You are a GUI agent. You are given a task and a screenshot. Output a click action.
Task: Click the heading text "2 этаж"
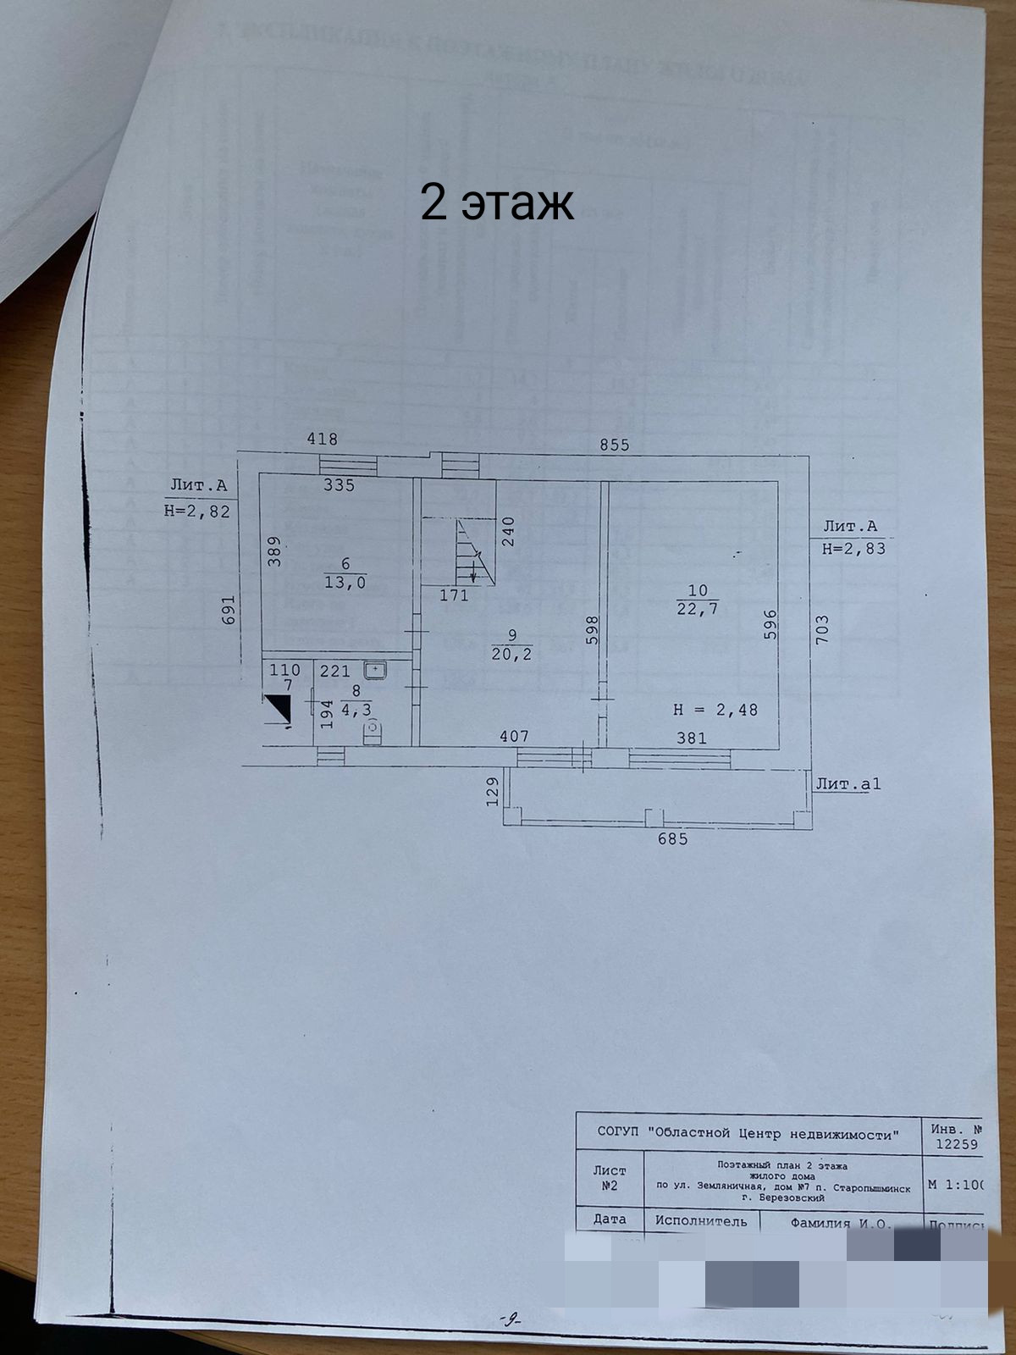click(x=497, y=203)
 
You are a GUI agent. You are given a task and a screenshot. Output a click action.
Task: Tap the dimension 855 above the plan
click(x=615, y=445)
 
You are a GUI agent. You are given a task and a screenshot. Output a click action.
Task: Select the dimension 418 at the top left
click(x=322, y=439)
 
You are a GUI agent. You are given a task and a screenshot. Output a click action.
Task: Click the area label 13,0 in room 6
click(x=345, y=582)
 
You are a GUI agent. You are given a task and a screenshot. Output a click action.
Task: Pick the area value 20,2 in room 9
click(x=511, y=653)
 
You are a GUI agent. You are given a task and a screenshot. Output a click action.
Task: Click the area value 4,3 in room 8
click(x=356, y=710)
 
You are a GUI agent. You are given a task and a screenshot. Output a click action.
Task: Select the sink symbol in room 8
click(x=375, y=670)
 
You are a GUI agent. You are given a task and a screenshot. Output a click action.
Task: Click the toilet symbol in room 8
click(x=373, y=731)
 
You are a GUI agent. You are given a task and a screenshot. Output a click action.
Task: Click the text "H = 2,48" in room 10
click(x=715, y=710)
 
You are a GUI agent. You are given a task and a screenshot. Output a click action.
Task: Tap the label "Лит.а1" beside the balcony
click(x=848, y=784)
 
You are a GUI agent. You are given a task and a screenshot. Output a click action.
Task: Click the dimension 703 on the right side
click(x=822, y=630)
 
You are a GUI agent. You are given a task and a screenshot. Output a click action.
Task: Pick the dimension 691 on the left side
click(x=226, y=611)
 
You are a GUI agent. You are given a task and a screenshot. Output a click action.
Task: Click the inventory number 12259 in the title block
click(x=955, y=1144)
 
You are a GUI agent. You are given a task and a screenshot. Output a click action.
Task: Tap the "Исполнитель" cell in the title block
click(x=701, y=1221)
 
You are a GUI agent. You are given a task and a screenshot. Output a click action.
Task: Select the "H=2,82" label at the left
click(x=197, y=512)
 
